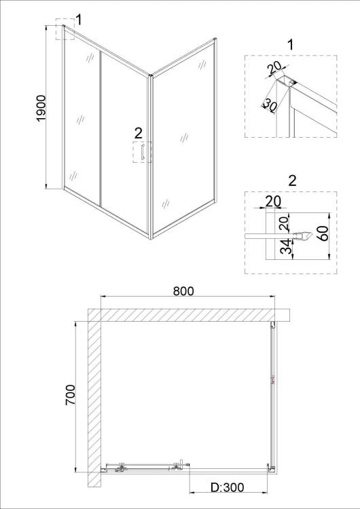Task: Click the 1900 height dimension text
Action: point(41,109)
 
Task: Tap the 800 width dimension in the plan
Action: point(183,291)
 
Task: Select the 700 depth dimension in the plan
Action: point(70,394)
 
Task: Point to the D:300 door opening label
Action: point(228,487)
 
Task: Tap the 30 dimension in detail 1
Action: point(269,105)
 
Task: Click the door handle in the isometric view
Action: point(143,151)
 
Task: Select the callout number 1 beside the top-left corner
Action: point(78,20)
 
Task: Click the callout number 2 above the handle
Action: point(138,133)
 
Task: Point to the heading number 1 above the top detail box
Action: point(291,45)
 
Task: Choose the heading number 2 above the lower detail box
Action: point(293,181)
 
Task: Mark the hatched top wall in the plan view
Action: point(188,315)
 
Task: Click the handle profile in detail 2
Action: point(302,236)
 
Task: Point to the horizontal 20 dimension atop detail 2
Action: point(273,202)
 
